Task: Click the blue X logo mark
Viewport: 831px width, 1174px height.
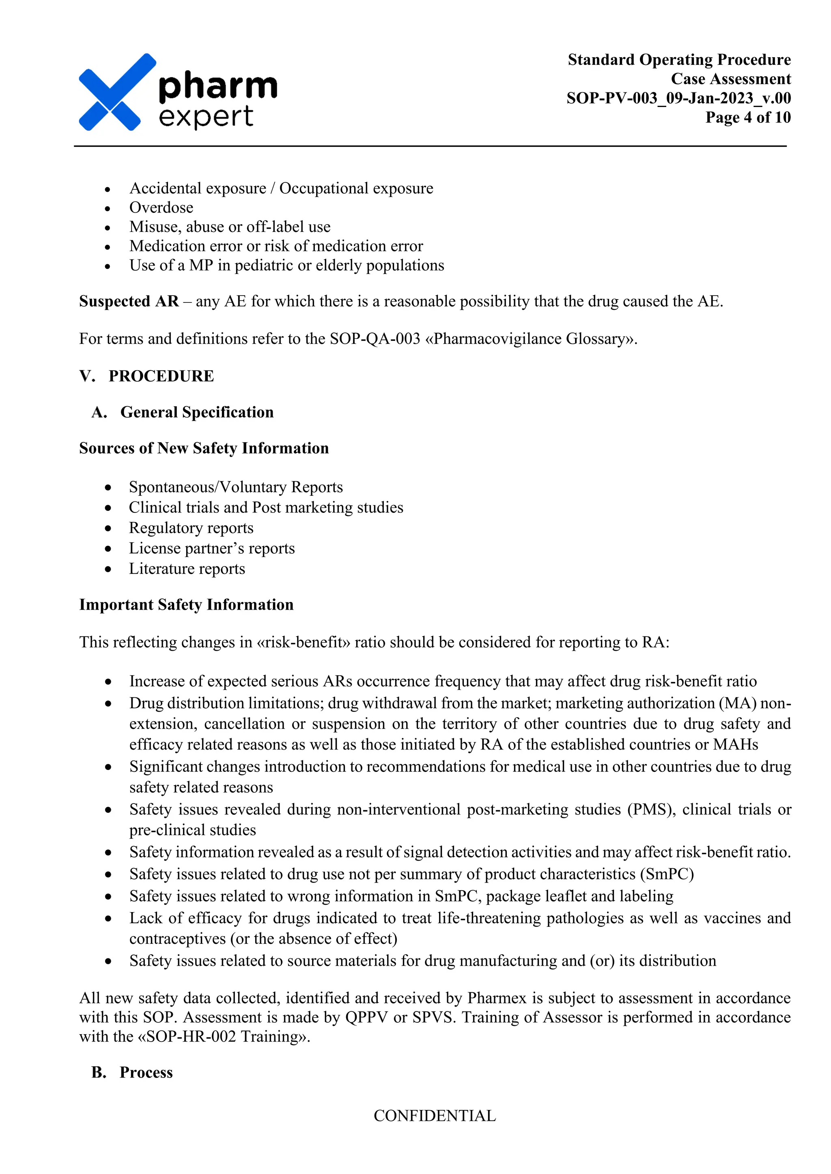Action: pos(117,92)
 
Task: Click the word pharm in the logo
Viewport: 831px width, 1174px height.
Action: pos(218,86)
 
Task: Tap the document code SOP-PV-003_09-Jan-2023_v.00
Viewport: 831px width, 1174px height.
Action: pos(678,98)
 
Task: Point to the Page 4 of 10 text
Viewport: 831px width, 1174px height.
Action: pos(747,117)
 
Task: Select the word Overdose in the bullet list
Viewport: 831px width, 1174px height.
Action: pos(161,208)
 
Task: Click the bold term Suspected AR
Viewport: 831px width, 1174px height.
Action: pos(129,301)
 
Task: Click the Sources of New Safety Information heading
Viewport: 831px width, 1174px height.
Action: pos(204,448)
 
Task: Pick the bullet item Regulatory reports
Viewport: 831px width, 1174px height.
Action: pos(191,528)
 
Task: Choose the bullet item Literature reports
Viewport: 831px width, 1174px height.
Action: pos(187,569)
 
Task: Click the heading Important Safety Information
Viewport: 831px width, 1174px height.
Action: pos(186,604)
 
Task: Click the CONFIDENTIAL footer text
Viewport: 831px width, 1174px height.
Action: pos(435,1116)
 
